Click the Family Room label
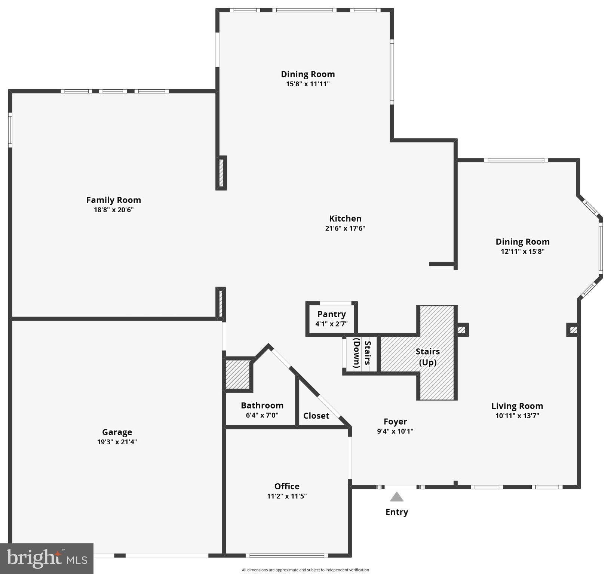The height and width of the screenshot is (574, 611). pyautogui.click(x=114, y=200)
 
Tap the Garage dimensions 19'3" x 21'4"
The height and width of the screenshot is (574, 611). pyautogui.click(x=117, y=442)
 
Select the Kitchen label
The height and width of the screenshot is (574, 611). pyautogui.click(x=345, y=219)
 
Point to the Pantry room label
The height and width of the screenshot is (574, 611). pyautogui.click(x=332, y=314)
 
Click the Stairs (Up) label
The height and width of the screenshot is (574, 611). pyautogui.click(x=428, y=357)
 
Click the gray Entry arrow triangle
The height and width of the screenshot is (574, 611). pyautogui.click(x=397, y=497)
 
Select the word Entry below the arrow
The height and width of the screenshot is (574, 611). pyautogui.click(x=397, y=512)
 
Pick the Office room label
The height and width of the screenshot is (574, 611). pyautogui.click(x=287, y=486)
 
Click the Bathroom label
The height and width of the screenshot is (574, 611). pyautogui.click(x=262, y=405)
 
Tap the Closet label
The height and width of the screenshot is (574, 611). pyautogui.click(x=316, y=416)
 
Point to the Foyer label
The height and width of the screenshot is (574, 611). pyautogui.click(x=395, y=422)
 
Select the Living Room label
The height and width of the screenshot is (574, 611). pyautogui.click(x=517, y=406)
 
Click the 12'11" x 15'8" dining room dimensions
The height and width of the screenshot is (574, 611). pyautogui.click(x=522, y=251)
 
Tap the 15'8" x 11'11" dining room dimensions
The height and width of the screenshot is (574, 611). pyautogui.click(x=308, y=84)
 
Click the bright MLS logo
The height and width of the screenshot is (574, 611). pyautogui.click(x=47, y=559)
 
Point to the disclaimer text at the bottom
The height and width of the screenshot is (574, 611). pyautogui.click(x=305, y=570)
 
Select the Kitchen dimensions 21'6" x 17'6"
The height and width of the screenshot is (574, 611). pyautogui.click(x=345, y=228)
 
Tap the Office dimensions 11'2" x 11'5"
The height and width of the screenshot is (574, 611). pyautogui.click(x=287, y=496)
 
